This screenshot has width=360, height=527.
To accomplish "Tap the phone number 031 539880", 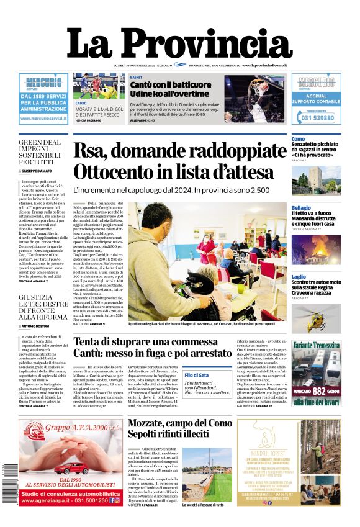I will tap(317, 117).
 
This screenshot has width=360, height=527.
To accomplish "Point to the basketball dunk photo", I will tap(254, 99).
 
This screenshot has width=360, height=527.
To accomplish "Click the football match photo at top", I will tap(100, 86).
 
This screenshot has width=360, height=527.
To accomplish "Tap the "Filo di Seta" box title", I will tap(196, 376).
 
